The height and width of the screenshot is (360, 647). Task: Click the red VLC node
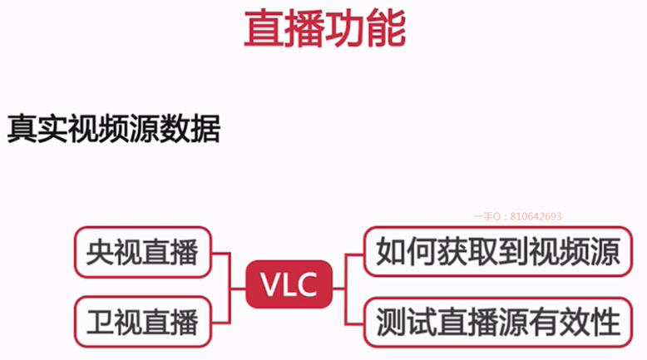(x=289, y=285)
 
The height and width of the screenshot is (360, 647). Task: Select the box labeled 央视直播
(x=142, y=251)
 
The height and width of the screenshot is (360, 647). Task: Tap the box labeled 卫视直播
(x=142, y=320)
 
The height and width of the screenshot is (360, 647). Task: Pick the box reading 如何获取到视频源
(x=497, y=251)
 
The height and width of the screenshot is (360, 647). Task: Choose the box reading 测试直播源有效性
(x=497, y=320)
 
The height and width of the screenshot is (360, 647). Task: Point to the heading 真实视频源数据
(x=114, y=129)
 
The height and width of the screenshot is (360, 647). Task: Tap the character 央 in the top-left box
(x=101, y=251)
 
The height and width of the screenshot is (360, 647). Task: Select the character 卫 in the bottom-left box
(x=101, y=320)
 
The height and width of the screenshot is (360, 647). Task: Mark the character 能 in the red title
(x=387, y=29)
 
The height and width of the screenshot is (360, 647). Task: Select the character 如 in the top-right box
(x=391, y=251)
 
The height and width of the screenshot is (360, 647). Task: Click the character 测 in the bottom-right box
(x=391, y=320)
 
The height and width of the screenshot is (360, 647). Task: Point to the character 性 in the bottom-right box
(x=605, y=320)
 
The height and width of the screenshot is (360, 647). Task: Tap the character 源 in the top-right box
(x=605, y=251)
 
